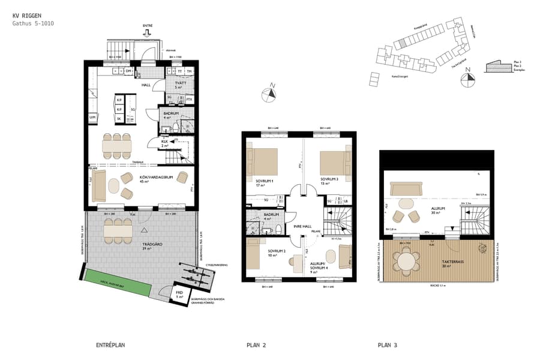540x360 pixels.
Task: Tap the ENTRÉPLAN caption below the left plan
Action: (111, 345)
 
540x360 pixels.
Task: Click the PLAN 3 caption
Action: (388, 345)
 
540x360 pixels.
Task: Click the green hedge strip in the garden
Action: (113, 283)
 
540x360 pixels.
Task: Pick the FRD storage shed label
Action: (179, 294)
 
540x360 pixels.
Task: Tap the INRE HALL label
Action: (302, 227)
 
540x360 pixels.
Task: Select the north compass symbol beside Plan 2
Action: (271, 93)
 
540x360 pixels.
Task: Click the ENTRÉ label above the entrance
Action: (148, 26)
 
